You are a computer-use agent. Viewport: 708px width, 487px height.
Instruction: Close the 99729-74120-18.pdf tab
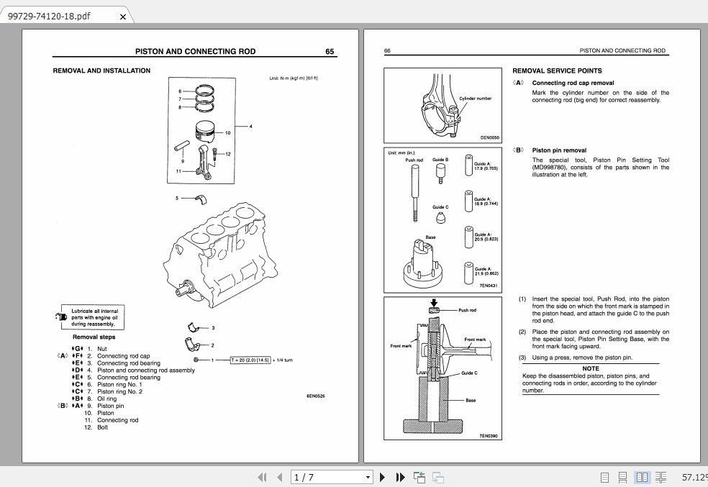[122, 17]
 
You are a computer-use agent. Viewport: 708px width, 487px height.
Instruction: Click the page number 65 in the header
[330, 52]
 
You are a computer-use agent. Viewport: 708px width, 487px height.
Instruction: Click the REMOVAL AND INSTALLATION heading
[101, 70]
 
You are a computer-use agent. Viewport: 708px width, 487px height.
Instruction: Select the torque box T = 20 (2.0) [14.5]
[250, 360]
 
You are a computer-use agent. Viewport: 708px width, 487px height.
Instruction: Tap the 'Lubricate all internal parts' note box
[94, 318]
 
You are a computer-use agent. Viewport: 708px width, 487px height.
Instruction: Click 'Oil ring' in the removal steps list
[106, 399]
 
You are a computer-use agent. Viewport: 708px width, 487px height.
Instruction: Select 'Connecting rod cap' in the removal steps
[123, 356]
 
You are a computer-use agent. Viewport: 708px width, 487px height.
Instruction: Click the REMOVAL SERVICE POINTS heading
[557, 71]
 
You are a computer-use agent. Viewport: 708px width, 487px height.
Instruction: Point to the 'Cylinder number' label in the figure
[475, 99]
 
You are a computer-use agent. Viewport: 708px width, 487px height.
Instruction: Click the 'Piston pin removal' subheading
[559, 150]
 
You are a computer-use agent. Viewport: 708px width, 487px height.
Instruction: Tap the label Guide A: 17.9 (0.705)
[486, 165]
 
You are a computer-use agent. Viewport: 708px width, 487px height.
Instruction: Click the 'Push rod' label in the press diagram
[467, 310]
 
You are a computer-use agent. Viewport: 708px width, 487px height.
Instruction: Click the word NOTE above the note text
[590, 368]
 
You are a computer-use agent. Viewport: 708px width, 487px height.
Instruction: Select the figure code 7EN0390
[489, 436]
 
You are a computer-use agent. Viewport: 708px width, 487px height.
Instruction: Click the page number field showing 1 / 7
[332, 477]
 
